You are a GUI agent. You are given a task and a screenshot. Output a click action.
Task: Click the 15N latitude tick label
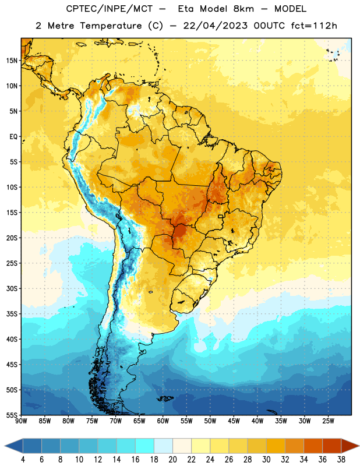coord(12,61)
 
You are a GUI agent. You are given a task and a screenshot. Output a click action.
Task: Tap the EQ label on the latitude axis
coord(13,137)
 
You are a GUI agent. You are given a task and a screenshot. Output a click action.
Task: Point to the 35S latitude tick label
coord(12,314)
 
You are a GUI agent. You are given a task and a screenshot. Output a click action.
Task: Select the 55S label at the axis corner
coord(12,415)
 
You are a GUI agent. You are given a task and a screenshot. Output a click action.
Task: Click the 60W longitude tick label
coord(163,421)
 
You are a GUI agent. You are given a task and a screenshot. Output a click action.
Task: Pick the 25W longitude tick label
coord(328,421)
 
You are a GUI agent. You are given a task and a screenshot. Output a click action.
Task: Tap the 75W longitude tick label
coord(92,421)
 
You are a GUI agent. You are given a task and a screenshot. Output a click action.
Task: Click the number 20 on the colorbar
coord(172,460)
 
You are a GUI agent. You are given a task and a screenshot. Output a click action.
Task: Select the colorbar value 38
coord(341,460)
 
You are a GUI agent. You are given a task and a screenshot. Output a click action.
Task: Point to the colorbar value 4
coord(23,460)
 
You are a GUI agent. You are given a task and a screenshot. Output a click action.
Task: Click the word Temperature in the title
coord(111,26)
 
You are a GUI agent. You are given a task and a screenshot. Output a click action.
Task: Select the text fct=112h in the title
coord(314,26)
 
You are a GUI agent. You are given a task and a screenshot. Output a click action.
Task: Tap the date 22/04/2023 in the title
coord(215,26)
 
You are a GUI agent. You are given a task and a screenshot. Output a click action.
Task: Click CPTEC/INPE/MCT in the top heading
coord(110,9)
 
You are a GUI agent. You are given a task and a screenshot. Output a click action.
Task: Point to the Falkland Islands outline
coord(165,398)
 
